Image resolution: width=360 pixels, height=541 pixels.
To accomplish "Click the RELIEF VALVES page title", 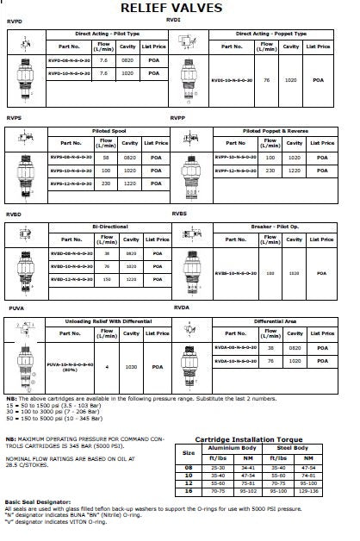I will click(x=183, y=8).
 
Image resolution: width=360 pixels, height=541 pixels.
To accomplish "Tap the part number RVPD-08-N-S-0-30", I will click(x=70, y=61).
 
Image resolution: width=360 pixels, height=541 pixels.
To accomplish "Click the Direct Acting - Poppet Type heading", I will click(x=271, y=34).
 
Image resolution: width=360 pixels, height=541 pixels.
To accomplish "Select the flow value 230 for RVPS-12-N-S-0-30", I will click(x=107, y=183).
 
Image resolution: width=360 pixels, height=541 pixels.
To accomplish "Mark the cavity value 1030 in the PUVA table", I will click(x=132, y=366).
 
